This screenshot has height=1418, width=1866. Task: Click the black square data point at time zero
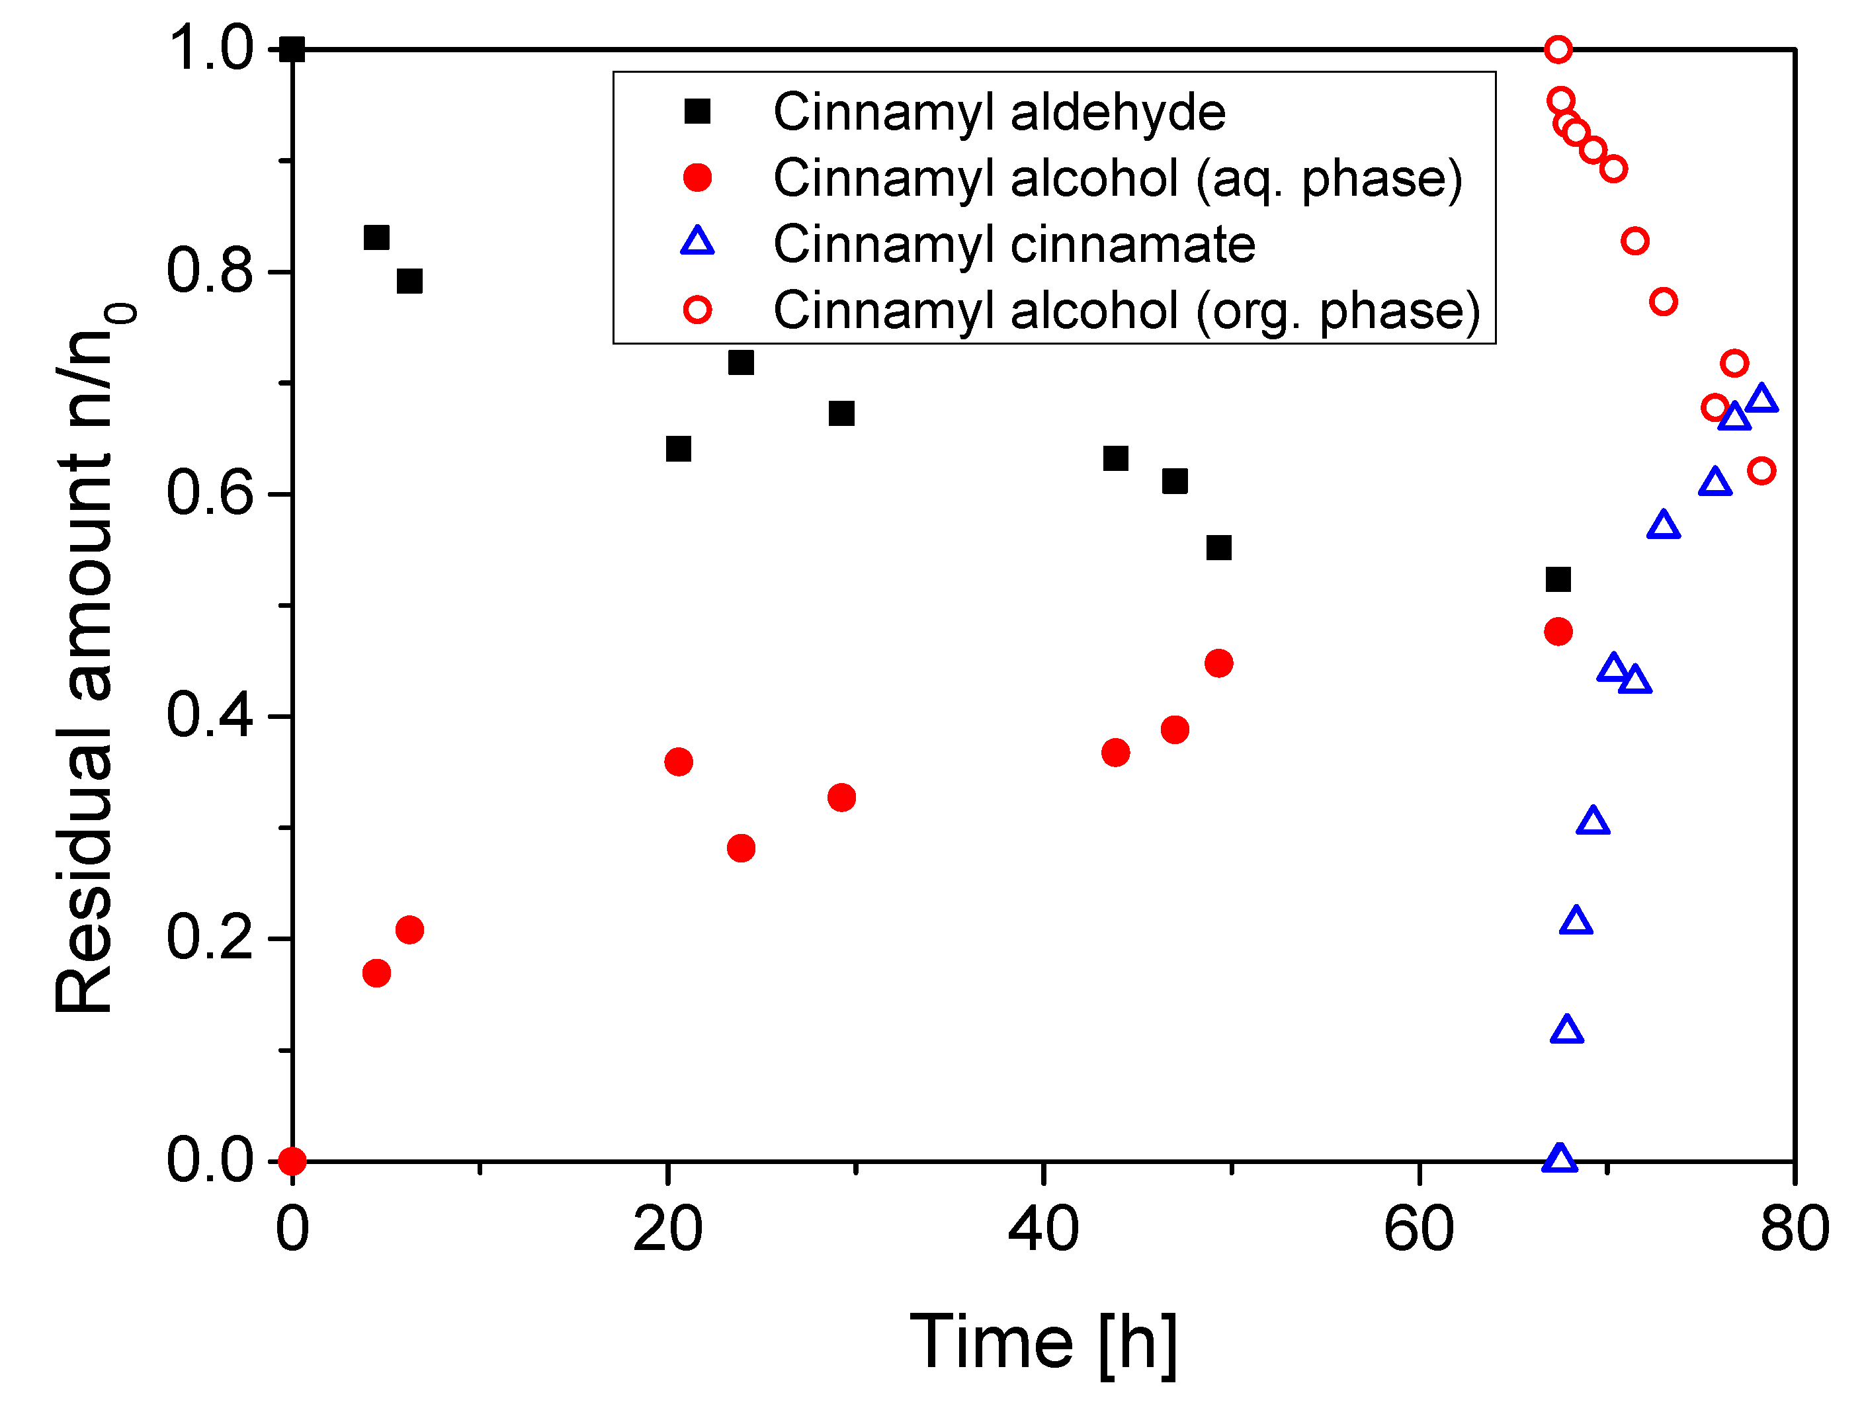pos(292,49)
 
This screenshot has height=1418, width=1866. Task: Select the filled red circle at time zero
pos(292,1161)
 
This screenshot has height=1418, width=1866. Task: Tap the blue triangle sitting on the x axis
pos(1560,1159)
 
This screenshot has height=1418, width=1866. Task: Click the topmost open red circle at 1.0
pos(1558,49)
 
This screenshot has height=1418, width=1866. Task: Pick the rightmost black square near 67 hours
pos(1558,579)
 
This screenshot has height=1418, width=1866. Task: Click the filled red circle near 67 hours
pos(1558,632)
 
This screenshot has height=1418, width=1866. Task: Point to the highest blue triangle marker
pos(1761,398)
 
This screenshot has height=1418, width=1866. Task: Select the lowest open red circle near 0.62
pos(1761,470)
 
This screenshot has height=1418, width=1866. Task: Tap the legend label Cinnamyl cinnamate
pos(1013,244)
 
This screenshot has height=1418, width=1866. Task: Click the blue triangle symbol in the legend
pos(697,242)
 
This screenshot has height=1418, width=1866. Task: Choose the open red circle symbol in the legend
pos(697,310)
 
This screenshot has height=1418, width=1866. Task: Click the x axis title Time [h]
pos(1043,1341)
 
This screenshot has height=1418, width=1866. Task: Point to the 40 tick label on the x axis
pos(1043,1229)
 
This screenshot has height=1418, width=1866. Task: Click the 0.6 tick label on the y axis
pos(209,494)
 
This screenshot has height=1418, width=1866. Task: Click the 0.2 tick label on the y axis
pos(209,938)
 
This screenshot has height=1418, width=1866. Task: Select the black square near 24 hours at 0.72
pos(740,362)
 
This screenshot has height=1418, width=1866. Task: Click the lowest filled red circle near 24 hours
pos(740,847)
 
